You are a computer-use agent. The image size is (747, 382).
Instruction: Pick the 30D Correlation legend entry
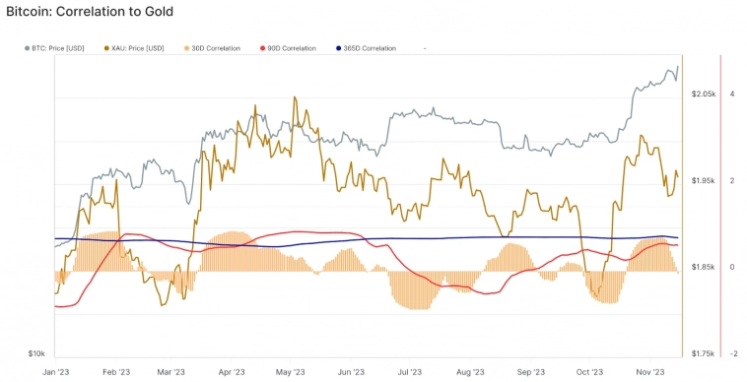(215, 47)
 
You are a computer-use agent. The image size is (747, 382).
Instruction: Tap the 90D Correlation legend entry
(291, 47)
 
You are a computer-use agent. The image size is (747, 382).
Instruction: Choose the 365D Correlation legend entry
(369, 47)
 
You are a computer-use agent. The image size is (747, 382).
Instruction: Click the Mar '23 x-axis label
(170, 372)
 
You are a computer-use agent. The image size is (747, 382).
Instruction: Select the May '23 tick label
(291, 372)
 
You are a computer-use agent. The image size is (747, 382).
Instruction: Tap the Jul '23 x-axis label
(410, 372)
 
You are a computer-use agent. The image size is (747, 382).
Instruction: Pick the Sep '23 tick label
(531, 372)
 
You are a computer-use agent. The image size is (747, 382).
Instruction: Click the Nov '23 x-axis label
(650, 372)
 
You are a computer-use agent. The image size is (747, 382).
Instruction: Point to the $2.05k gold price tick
(705, 94)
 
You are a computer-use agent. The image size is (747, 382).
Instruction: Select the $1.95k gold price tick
(705, 180)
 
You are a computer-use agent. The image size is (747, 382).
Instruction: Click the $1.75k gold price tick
(705, 353)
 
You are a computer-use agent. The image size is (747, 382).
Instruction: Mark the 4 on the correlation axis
(731, 94)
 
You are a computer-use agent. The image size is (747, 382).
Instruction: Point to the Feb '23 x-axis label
(116, 372)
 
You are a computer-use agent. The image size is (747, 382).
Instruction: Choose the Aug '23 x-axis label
(470, 372)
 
